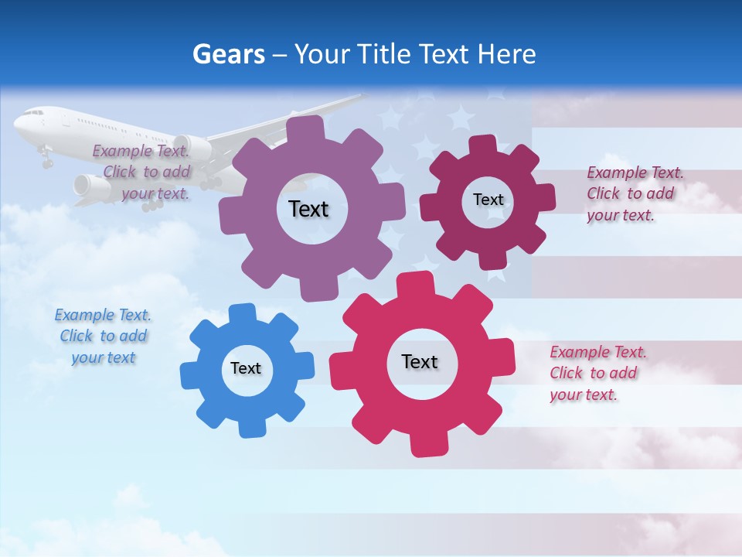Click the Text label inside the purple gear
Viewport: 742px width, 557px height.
[308, 209]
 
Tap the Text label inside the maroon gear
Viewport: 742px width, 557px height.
[488, 200]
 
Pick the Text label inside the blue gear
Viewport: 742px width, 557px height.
[246, 368]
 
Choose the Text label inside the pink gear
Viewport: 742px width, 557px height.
[420, 361]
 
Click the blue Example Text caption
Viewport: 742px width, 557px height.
[103, 336]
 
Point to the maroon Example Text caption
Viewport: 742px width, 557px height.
[634, 193]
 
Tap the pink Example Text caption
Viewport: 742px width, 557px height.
[597, 373]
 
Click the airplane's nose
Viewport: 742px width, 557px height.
[17, 122]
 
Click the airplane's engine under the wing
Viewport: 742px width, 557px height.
[87, 186]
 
